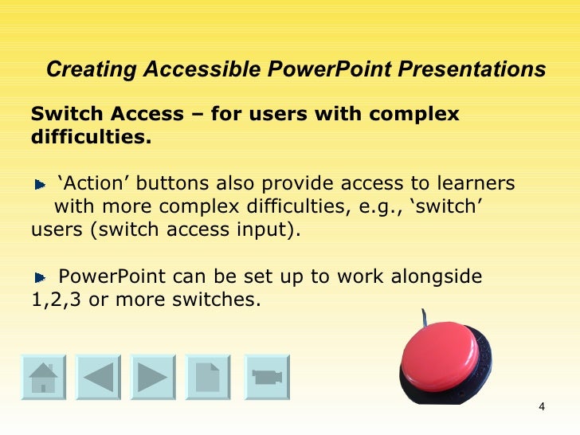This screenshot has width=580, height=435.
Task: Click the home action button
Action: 43,377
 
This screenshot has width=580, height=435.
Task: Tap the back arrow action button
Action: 98,377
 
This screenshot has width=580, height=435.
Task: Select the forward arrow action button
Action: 153,377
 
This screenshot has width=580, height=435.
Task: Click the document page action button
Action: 208,377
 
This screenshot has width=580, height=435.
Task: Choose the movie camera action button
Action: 265,377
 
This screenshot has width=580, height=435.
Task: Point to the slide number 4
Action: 542,409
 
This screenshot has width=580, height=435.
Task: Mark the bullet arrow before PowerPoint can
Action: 41,279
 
